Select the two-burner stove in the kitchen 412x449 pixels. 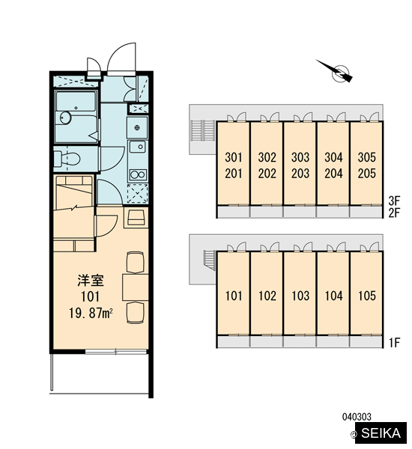coord(138,174)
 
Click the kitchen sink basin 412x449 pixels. coord(138,147)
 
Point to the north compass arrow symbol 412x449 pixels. coord(334,71)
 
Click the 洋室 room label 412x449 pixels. coord(91,281)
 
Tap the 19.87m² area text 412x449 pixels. coord(91,313)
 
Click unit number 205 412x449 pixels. coord(367,174)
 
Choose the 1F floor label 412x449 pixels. coord(394,342)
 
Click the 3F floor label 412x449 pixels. coord(394,201)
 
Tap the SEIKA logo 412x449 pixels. coord(381,433)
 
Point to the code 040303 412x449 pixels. coord(357,417)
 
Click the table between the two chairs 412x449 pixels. coord(136,287)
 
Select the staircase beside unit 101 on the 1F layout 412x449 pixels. coord(209,260)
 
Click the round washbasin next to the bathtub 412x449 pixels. coord(66,117)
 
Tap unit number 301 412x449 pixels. coord(234,157)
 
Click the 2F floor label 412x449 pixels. coord(394,213)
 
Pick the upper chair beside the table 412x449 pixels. coord(136,262)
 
